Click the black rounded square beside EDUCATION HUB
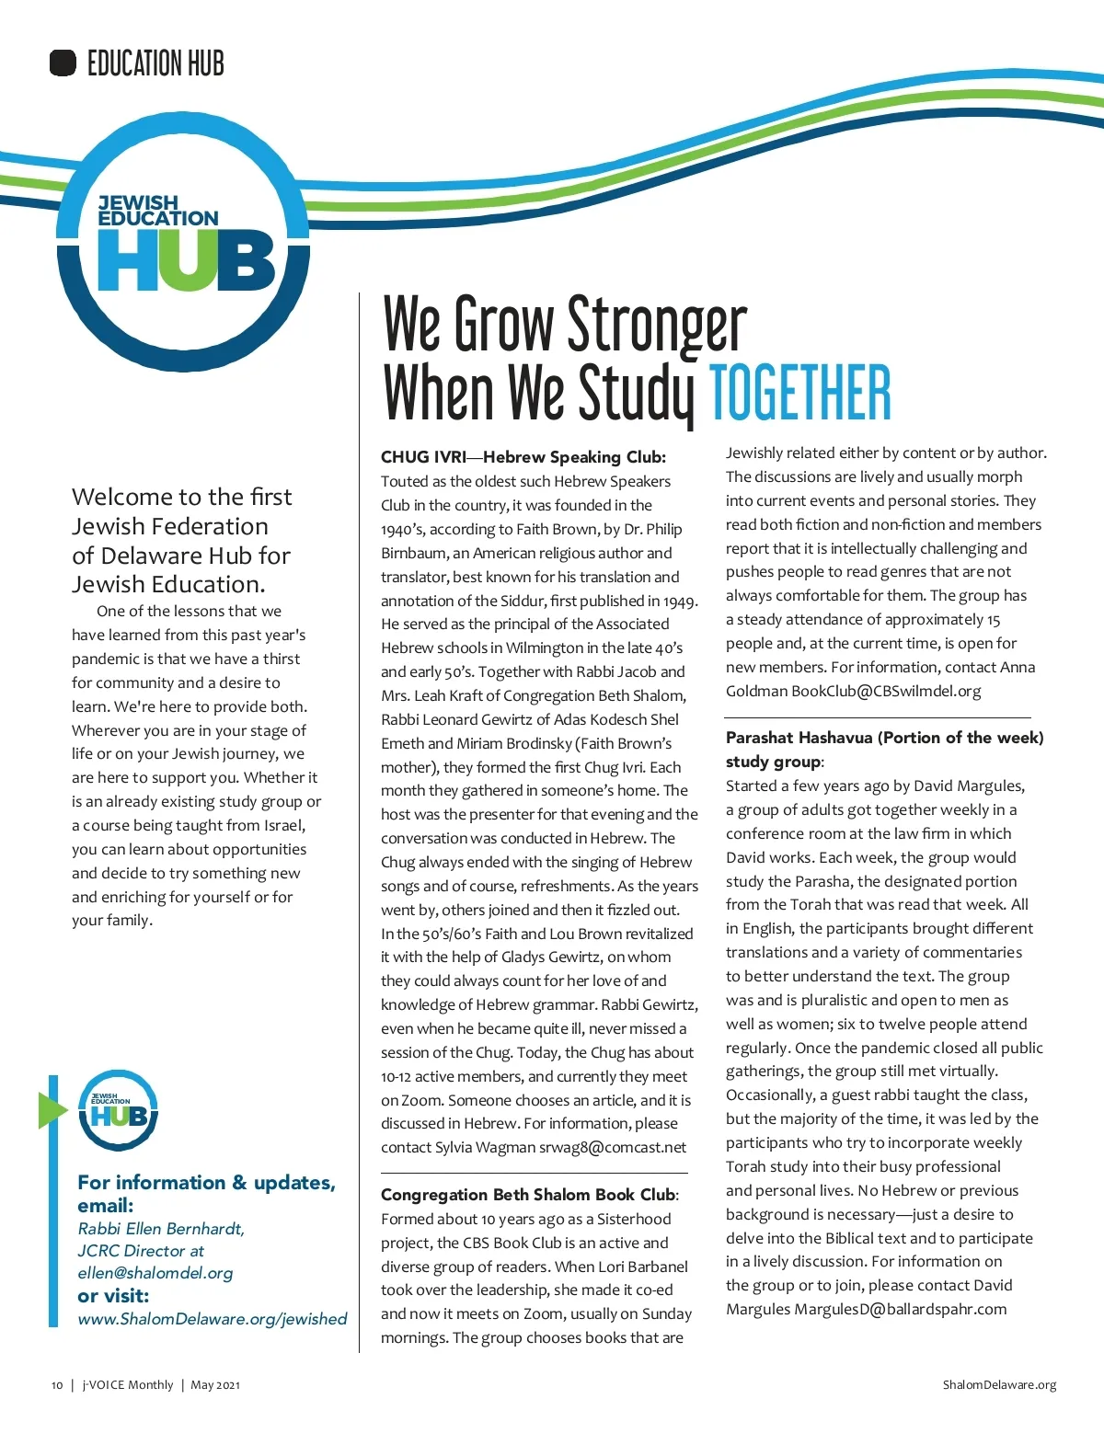63,63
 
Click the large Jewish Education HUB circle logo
184,241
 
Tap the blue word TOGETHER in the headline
799,393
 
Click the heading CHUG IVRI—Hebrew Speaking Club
523,457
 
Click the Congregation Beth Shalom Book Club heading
529,1195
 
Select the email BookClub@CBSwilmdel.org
886,691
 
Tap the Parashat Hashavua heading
884,738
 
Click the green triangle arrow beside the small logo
52,1110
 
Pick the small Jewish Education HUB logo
118,1110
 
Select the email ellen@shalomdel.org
155,1273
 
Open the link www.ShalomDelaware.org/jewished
213,1319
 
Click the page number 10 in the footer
57,1385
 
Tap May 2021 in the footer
215,1385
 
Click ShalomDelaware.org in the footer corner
999,1385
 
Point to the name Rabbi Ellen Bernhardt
161,1229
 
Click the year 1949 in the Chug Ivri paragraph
680,601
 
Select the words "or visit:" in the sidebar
113,1296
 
